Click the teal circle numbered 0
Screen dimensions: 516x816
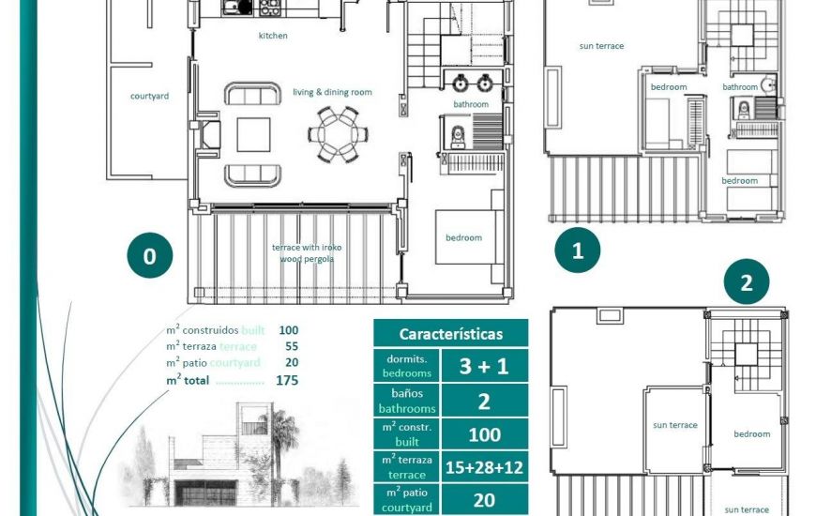click(x=150, y=254)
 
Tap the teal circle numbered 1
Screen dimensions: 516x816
click(x=577, y=250)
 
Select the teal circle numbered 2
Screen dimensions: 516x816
click(x=747, y=282)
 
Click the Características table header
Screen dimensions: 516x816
click(x=450, y=334)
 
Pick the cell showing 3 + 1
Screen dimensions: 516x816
click(x=484, y=366)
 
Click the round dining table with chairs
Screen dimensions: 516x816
click(x=335, y=134)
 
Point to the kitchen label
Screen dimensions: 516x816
click(x=273, y=36)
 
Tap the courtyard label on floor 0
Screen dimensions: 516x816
click(x=149, y=96)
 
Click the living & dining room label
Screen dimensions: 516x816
click(x=332, y=92)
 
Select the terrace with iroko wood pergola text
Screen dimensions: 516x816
click(x=307, y=252)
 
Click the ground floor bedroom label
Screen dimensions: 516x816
click(x=463, y=237)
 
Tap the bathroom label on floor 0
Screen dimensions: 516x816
click(x=471, y=104)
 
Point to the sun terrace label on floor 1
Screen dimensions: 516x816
click(x=601, y=46)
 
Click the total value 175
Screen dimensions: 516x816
click(x=287, y=381)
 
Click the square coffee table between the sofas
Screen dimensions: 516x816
click(x=253, y=134)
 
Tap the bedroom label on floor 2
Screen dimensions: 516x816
click(x=751, y=434)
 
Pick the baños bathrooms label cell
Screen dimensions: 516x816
click(x=406, y=402)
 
